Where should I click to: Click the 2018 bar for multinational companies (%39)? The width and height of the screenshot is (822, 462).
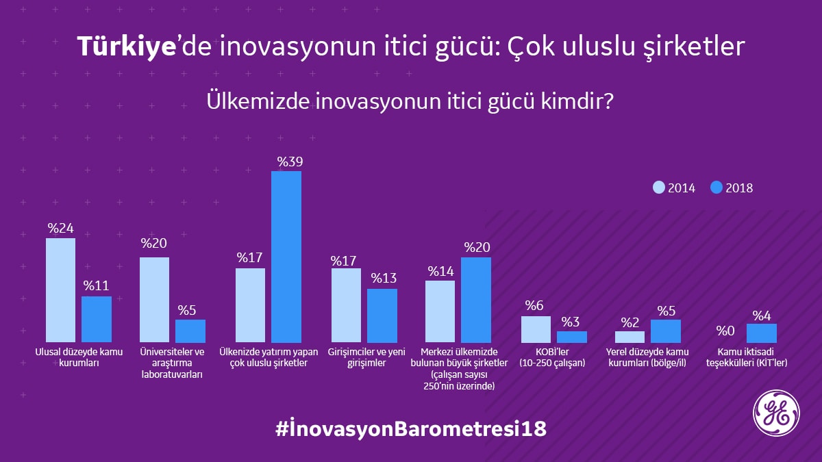pyautogui.click(x=286, y=257)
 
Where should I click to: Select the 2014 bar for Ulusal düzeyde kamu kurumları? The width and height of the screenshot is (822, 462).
pyautogui.click(x=60, y=290)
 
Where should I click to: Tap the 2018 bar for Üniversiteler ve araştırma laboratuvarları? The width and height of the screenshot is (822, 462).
pyautogui.click(x=190, y=331)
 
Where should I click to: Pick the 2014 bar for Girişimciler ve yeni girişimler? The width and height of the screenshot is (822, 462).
pyautogui.click(x=346, y=305)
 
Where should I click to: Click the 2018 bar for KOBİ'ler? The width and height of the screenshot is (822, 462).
pyautogui.click(x=572, y=337)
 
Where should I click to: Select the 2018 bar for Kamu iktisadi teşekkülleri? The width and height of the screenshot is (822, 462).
pyautogui.click(x=762, y=333)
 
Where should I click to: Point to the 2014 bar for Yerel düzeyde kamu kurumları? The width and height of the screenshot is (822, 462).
pyautogui.click(x=630, y=337)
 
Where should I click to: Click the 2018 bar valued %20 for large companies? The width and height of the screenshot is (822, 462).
pyautogui.click(x=476, y=300)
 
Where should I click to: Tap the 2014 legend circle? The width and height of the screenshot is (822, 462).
pyautogui.click(x=659, y=188)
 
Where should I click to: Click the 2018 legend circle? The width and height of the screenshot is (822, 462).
pyautogui.click(x=717, y=188)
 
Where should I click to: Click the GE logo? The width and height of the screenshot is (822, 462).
pyautogui.click(x=775, y=415)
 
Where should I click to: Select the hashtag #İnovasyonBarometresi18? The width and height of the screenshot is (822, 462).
pyautogui.click(x=411, y=429)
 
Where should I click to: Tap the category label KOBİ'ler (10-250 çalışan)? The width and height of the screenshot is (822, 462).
pyautogui.click(x=553, y=358)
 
